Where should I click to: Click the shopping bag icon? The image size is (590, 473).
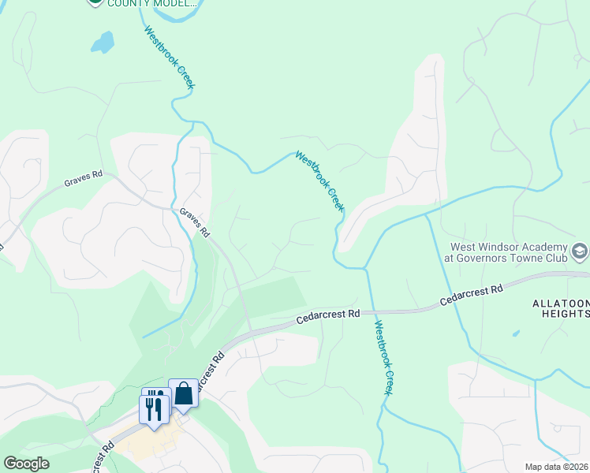[183, 393]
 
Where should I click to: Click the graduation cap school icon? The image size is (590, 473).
[580, 251]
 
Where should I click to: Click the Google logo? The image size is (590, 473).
[27, 464]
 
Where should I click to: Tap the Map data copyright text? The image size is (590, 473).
[556, 467]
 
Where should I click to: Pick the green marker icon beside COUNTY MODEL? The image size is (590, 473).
[95, 3]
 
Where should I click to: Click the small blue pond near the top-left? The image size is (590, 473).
[103, 42]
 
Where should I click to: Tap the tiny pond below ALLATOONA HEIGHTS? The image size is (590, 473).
[516, 333]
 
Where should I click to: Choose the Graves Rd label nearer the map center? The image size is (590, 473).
[195, 222]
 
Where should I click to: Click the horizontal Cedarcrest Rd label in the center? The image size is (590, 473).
[328, 314]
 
